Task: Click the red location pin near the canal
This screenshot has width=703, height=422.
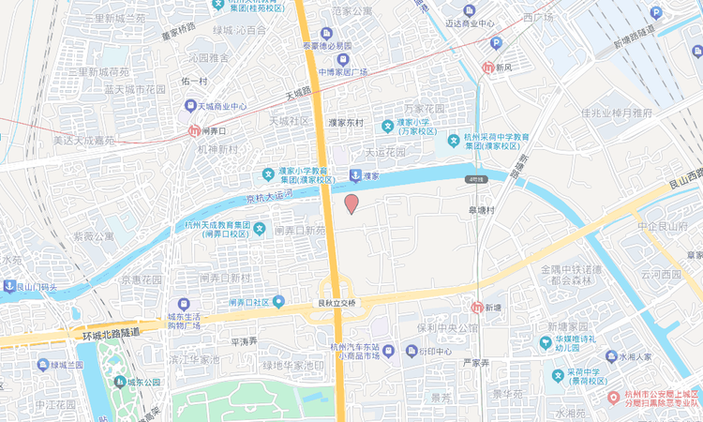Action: point(351,203)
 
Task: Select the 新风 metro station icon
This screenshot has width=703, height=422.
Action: point(487,68)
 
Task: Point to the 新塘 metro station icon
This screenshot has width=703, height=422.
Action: point(477,308)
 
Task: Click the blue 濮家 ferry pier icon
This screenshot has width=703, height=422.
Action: point(354,175)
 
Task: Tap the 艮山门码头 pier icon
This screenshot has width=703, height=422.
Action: point(9,287)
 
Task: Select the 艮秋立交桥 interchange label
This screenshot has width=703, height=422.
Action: point(336,304)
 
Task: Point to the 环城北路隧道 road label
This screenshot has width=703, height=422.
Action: point(111,332)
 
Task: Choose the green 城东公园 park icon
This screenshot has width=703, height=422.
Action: point(119,382)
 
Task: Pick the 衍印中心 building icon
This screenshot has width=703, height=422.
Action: point(412,351)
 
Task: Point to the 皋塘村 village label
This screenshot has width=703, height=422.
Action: point(486,210)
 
